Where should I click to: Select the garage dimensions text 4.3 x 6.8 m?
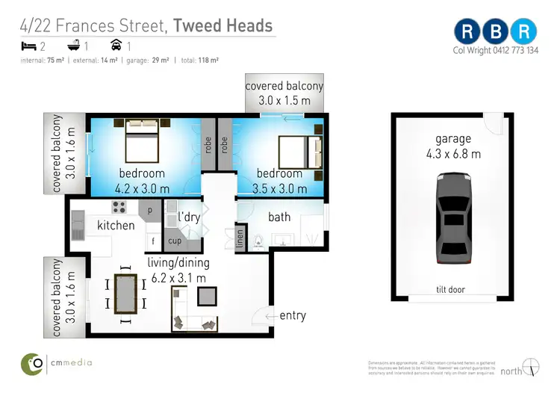click(453, 155)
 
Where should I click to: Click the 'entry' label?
click(293, 315)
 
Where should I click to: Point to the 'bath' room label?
click(279, 217)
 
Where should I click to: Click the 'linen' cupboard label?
click(240, 238)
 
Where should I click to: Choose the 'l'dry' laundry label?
click(190, 217)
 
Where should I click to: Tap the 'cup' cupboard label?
click(175, 241)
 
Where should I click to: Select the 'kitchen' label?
click(116, 225)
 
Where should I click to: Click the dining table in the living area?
click(125, 293)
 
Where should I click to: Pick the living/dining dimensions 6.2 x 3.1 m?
click(179, 278)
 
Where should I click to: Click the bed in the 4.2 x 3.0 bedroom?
click(141, 141)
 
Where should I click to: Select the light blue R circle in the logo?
click(525, 31)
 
